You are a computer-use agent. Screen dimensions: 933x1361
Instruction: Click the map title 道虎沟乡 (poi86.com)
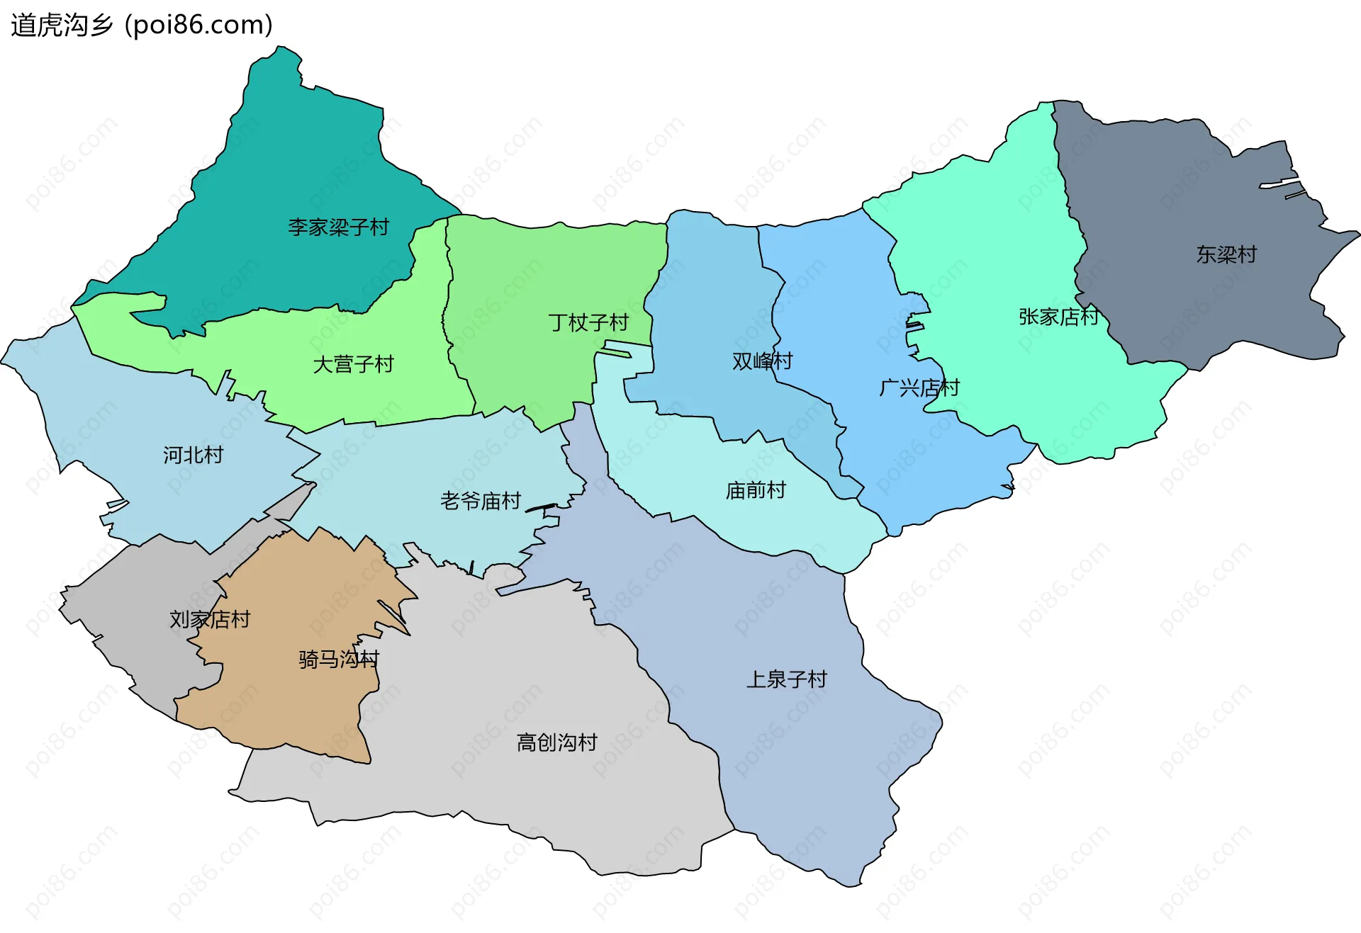pos(142,25)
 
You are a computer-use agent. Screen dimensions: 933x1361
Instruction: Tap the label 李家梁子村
pos(338,227)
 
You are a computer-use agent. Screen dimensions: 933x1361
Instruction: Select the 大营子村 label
pos(353,365)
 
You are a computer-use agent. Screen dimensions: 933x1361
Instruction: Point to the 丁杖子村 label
pos(588,323)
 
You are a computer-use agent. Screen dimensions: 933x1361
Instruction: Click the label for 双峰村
pos(762,361)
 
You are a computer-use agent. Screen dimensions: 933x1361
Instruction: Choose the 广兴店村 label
pos(919,388)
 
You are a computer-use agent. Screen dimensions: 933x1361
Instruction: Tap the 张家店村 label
pos(1058,317)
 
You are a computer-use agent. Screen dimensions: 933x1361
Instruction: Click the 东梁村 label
pos(1226,255)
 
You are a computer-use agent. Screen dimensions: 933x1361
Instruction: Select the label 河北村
pos(193,455)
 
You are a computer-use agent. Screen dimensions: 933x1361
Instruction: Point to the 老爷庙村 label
pos(481,502)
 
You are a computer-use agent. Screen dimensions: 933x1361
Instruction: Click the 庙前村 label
pos(756,490)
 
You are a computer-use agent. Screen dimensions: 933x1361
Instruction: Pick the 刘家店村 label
pos(210,620)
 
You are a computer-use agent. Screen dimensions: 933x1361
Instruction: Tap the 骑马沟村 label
pos(339,660)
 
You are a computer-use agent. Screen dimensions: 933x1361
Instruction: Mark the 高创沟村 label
pos(557,742)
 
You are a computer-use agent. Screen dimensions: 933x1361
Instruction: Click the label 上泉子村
pos(786,679)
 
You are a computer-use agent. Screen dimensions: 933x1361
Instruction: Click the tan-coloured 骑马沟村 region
pos(298,708)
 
